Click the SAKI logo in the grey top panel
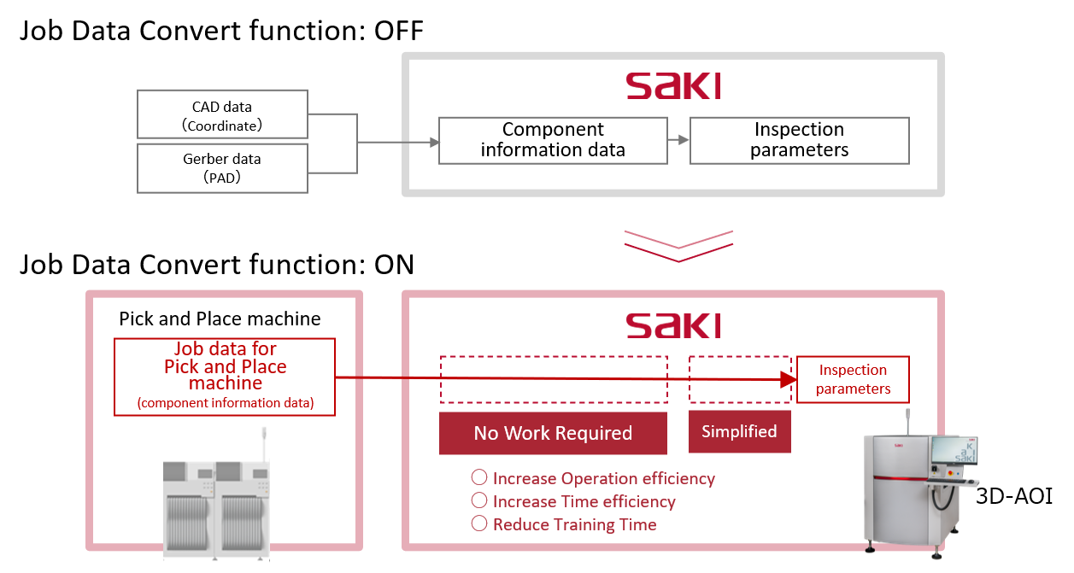(x=673, y=87)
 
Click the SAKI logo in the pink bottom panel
(x=673, y=325)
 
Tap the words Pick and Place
(x=225, y=367)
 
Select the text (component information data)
(x=225, y=403)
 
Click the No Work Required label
(x=553, y=433)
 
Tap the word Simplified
(x=739, y=431)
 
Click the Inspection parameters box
(x=853, y=379)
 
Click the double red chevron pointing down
(x=678, y=244)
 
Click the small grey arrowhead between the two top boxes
(x=683, y=140)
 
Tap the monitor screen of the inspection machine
(x=954, y=451)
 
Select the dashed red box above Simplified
(x=740, y=379)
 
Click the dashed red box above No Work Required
(x=553, y=379)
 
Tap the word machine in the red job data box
(x=225, y=384)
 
